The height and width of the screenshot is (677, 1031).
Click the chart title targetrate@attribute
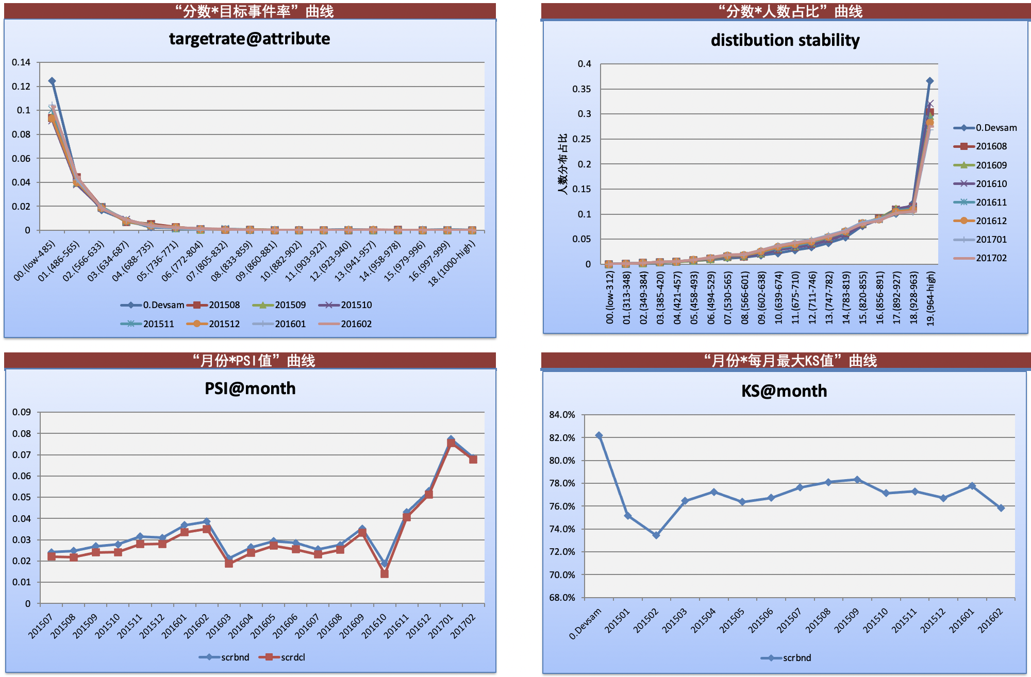[250, 39]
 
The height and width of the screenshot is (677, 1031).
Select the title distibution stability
[785, 40]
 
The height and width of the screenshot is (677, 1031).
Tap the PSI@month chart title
[250, 388]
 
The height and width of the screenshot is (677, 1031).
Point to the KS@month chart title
[784, 391]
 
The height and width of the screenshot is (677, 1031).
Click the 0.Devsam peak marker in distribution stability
[929, 81]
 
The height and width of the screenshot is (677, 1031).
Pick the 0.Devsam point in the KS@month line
[598, 435]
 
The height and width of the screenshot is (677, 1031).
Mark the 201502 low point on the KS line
[656, 535]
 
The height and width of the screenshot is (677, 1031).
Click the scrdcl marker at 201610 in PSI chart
[385, 573]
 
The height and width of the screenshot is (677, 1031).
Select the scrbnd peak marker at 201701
[451, 439]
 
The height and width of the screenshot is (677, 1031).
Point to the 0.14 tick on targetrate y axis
[22, 62]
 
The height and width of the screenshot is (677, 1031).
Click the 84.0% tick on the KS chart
[562, 415]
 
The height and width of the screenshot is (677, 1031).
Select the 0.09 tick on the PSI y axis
[22, 412]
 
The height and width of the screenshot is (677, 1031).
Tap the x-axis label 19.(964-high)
[930, 299]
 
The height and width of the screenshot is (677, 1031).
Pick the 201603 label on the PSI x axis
[219, 625]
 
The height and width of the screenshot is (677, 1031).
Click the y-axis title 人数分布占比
[562, 164]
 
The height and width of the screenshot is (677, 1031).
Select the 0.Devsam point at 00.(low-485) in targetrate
[52, 81]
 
